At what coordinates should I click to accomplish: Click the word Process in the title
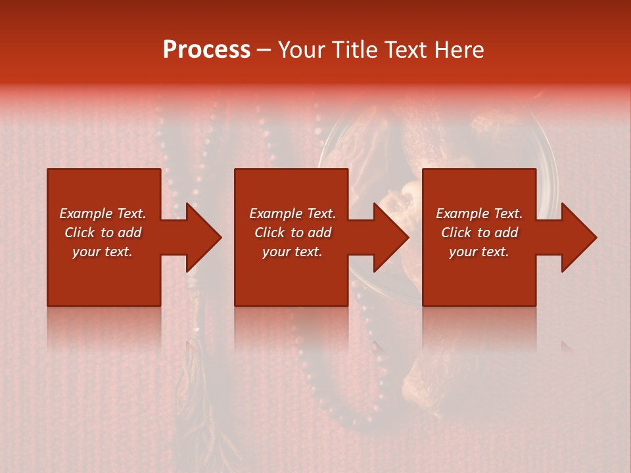click(x=206, y=50)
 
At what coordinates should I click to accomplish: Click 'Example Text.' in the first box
click(x=103, y=214)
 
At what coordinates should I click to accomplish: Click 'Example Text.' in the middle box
click(x=292, y=214)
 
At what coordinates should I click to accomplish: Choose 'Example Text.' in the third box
click(x=479, y=214)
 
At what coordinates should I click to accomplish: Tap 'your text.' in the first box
click(x=103, y=252)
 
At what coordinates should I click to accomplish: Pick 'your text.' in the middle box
click(x=292, y=252)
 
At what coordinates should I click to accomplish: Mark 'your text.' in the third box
click(x=479, y=252)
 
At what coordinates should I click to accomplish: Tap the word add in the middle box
click(x=319, y=233)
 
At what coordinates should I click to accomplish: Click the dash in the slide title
click(x=264, y=51)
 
